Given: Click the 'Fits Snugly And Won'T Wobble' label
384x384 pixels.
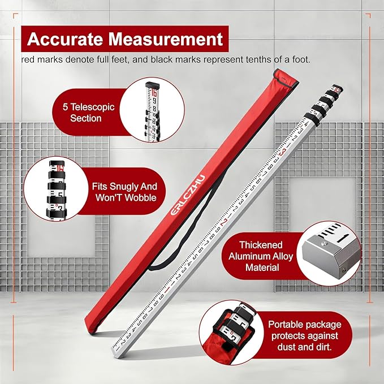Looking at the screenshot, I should (124, 192).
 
